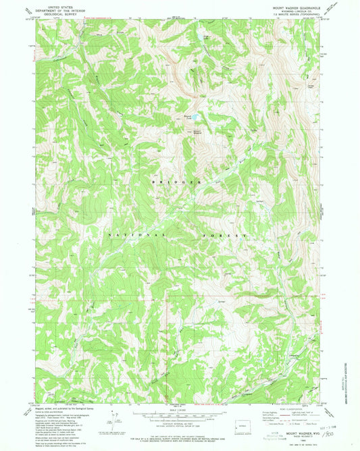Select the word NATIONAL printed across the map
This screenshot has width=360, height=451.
135,234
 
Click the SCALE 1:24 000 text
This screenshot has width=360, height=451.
180,410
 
